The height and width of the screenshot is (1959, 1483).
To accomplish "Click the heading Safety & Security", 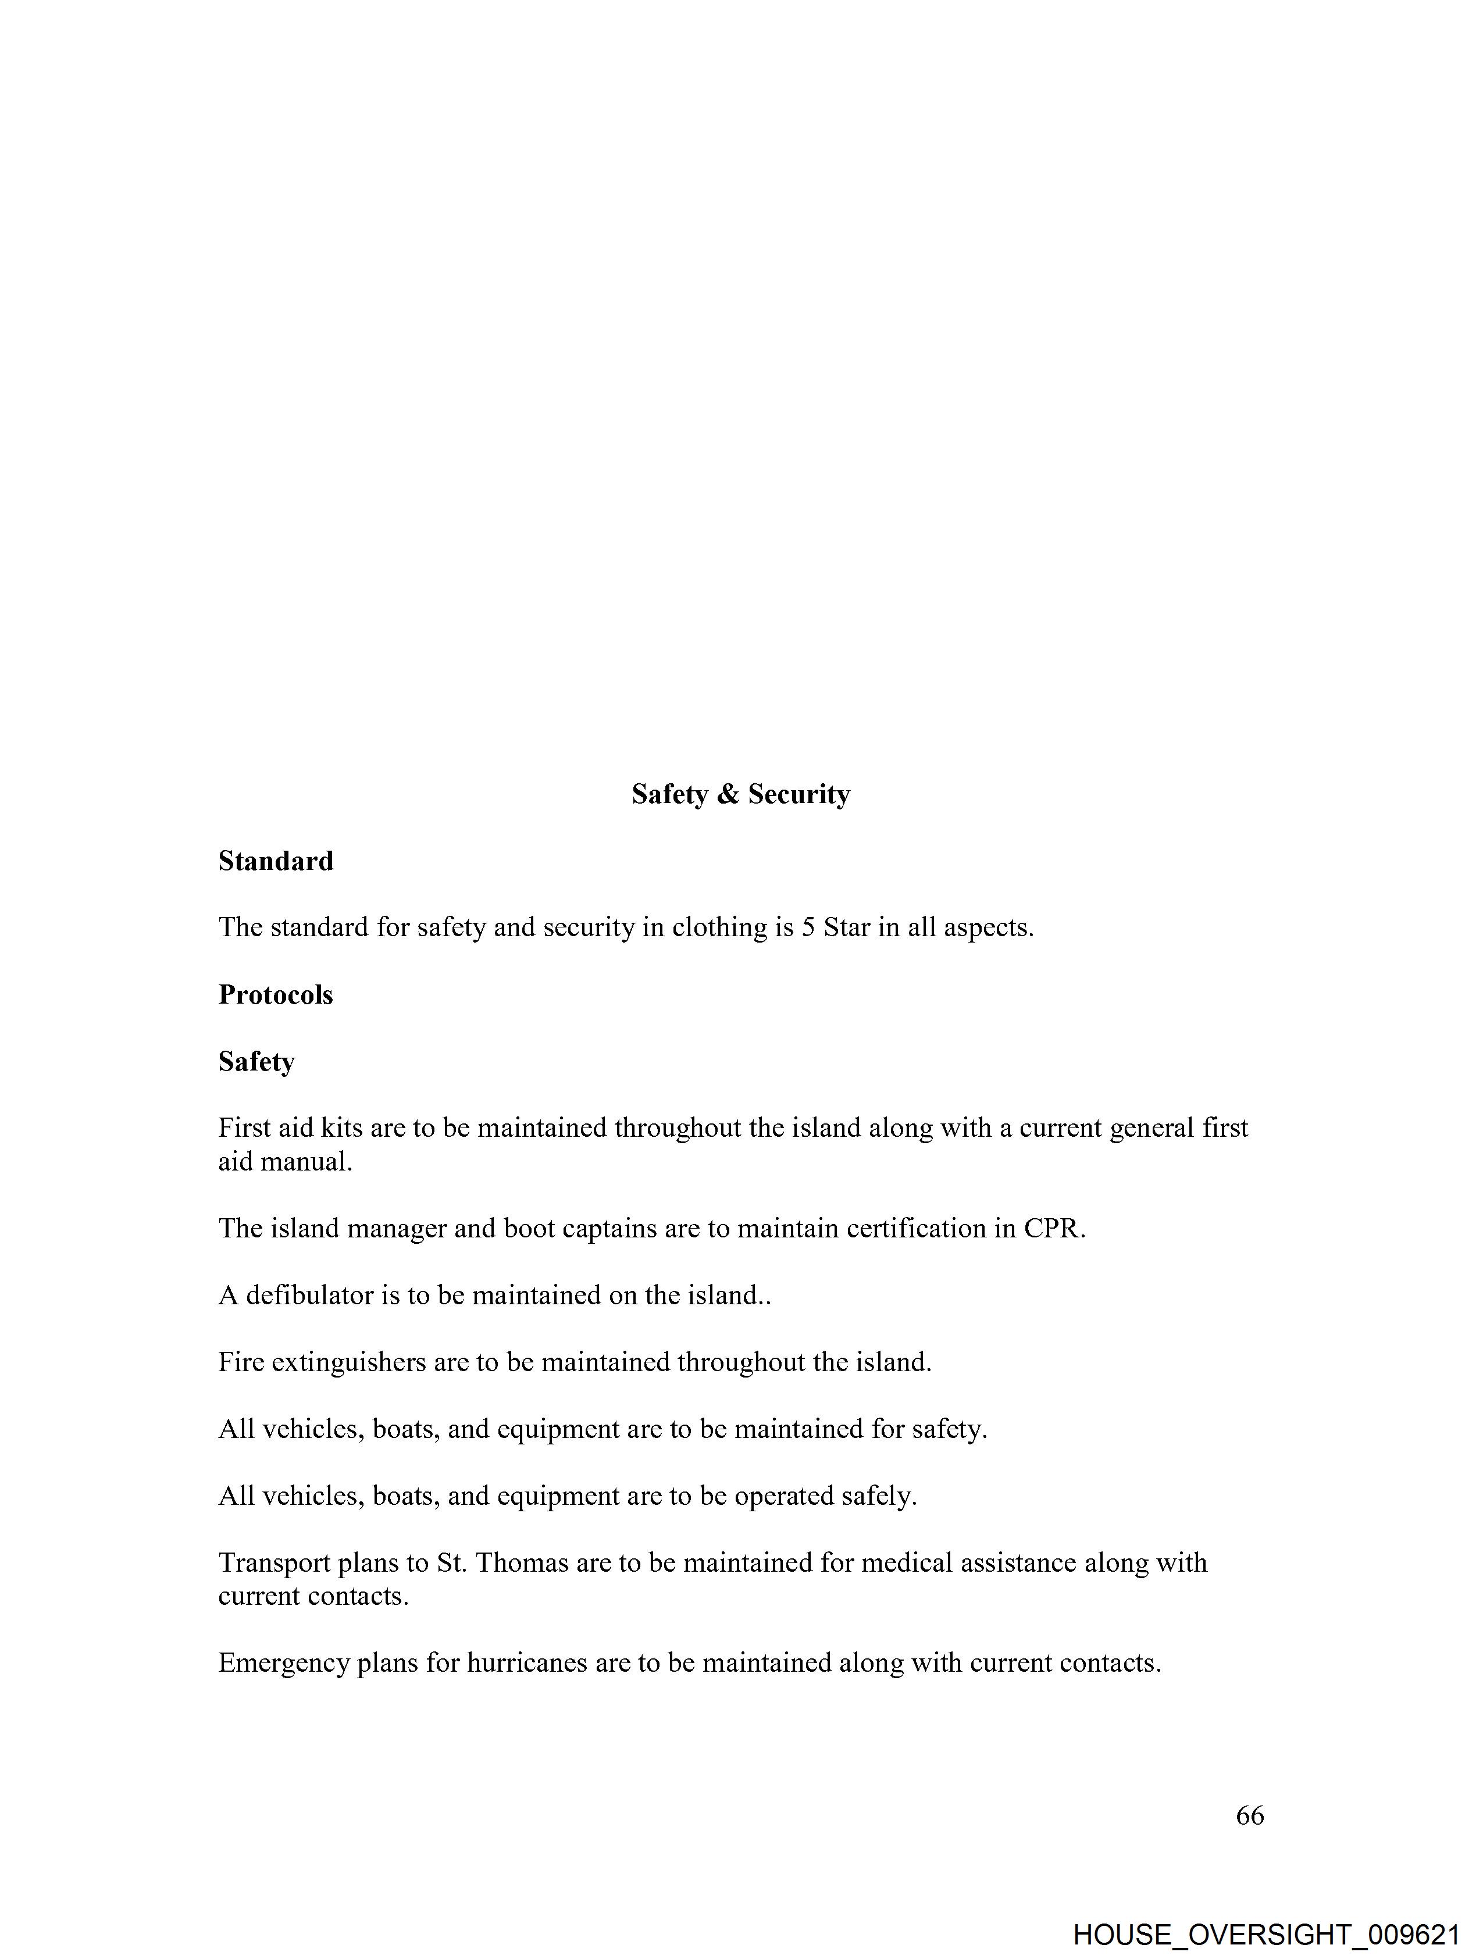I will (740, 794).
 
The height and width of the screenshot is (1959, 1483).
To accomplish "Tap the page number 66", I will (1249, 1815).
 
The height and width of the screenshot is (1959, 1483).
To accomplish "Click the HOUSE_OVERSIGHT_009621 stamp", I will (1266, 1933).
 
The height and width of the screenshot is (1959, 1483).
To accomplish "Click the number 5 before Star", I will (808, 927).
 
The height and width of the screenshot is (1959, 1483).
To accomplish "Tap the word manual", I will (306, 1161).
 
